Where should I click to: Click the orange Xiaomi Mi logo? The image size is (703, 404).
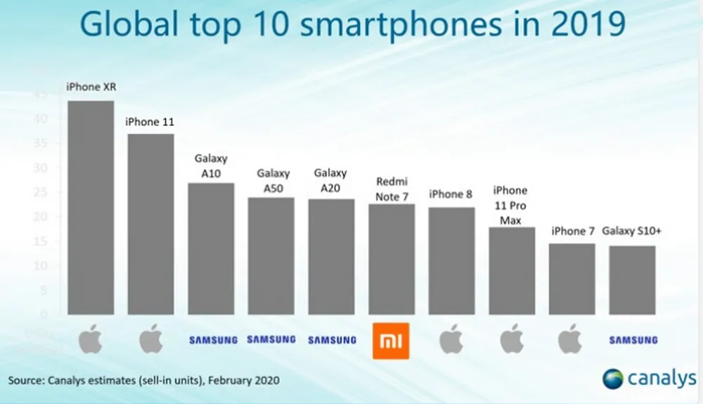tap(392, 341)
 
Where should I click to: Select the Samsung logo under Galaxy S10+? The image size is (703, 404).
tap(633, 341)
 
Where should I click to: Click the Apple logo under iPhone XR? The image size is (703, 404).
tap(91, 340)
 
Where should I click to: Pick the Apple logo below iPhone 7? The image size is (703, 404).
tap(572, 340)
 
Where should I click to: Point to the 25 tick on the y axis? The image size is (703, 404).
tap(42, 192)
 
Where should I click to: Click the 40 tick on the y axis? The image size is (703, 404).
tap(42, 119)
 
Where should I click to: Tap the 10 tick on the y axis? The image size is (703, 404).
tap(42, 266)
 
